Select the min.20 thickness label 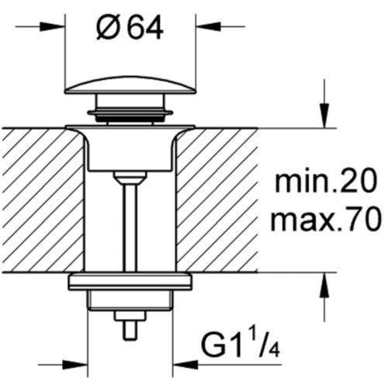[x=325, y=180]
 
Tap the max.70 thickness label [x=326, y=220]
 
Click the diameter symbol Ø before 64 [x=107, y=29]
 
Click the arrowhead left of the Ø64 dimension [x=52, y=26]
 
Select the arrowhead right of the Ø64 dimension [x=208, y=26]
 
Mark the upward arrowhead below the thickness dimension [x=324, y=285]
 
